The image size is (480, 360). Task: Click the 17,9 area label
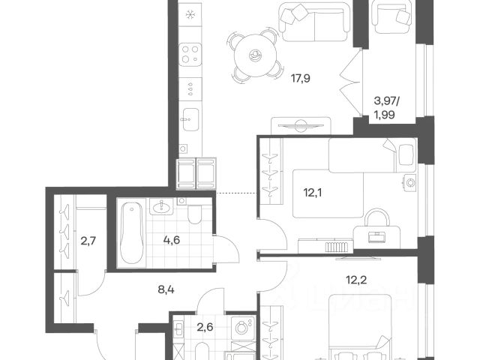pos(300,79)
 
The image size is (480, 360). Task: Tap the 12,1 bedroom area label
pos(313,193)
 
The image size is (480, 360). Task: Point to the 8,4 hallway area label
pos(166,289)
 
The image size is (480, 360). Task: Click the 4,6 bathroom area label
pos(172,240)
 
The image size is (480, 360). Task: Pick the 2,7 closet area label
pos(88,241)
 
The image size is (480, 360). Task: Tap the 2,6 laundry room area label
pos(205,327)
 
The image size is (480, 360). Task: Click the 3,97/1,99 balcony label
pos(387,107)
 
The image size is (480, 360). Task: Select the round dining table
pos(255,55)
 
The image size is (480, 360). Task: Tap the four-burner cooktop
pos(190,55)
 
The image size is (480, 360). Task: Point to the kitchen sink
pos(190,119)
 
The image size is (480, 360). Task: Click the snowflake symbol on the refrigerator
pos(190,14)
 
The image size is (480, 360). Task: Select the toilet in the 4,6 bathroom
pos(194,214)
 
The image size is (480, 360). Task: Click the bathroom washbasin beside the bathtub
pos(161,207)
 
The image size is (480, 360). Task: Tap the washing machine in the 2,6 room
pos(244,328)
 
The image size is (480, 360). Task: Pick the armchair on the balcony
pos(391,16)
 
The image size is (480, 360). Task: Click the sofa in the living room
pos(314,21)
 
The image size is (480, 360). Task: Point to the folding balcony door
pos(351,82)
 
